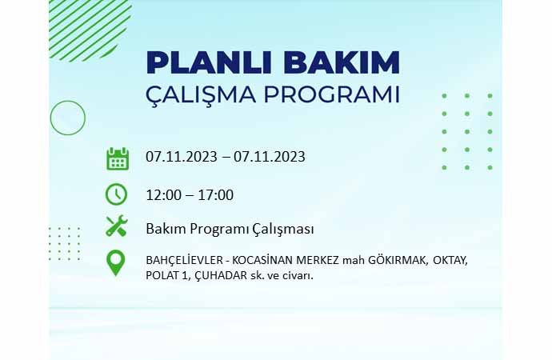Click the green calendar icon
coord(118,159)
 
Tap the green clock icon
coord(116,194)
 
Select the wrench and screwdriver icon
coord(117,226)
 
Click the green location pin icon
coord(115,263)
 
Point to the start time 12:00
coord(164,195)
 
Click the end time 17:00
coord(215,195)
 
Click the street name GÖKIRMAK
coord(398,261)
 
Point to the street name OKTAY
coord(450,261)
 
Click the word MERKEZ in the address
coord(318,261)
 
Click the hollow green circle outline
coord(68,101)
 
